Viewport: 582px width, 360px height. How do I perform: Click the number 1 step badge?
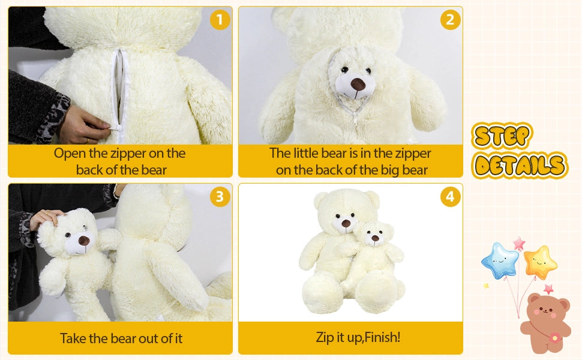click(220, 20)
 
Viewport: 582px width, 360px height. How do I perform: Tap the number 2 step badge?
click(450, 20)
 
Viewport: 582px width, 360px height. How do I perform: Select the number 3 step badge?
click(220, 196)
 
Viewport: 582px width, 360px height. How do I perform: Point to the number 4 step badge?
click(450, 196)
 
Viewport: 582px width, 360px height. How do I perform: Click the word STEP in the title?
click(502, 137)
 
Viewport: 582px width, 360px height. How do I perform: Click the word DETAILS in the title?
click(519, 165)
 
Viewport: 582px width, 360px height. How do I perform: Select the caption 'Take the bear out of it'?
click(121, 338)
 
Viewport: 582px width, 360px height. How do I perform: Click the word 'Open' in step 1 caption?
click(68, 153)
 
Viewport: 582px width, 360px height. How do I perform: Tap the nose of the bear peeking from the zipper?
click(358, 84)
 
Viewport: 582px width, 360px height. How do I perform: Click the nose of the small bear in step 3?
click(83, 241)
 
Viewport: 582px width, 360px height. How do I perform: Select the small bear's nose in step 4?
click(375, 238)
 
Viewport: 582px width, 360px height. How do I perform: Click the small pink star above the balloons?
click(518, 243)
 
